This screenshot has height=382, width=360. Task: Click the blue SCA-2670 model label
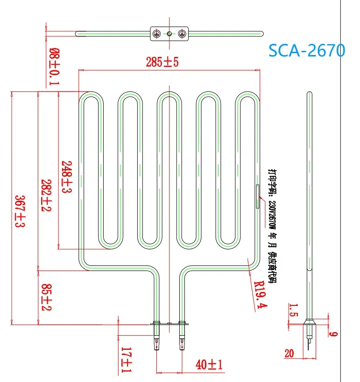click(x=306, y=49)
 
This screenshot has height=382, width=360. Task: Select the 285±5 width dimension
click(x=162, y=63)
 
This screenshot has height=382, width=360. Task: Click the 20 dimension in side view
click(x=289, y=353)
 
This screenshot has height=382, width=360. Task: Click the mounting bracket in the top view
click(x=169, y=33)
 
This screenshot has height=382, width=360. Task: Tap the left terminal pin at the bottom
click(x=156, y=344)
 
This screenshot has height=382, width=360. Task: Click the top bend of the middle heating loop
click(x=169, y=95)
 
